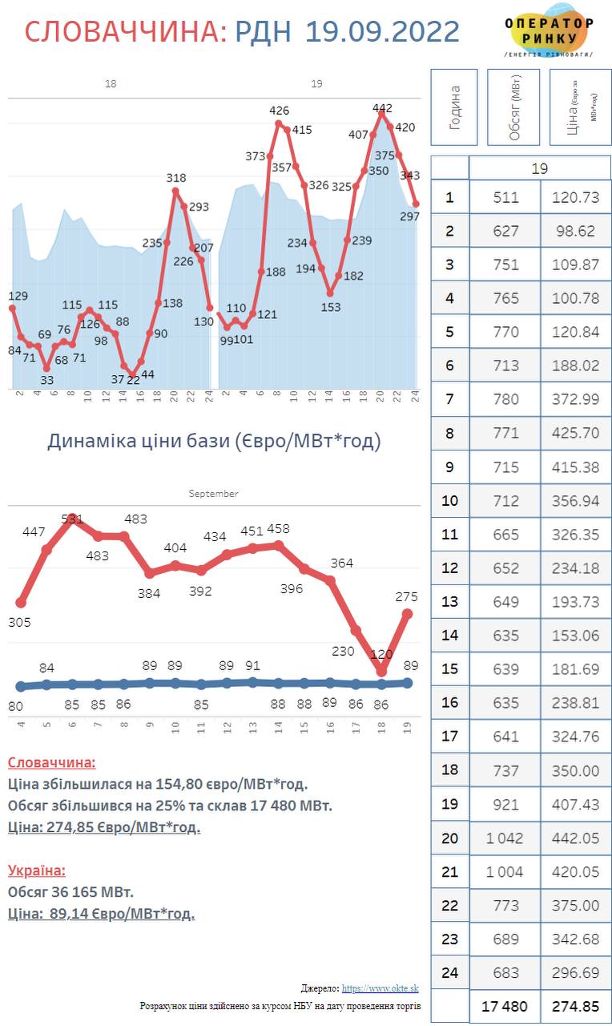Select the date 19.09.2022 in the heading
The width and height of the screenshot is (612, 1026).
pyautogui.click(x=382, y=31)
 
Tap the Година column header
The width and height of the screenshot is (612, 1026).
pyautogui.click(x=454, y=107)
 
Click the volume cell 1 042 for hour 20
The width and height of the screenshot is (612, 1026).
pyautogui.click(x=505, y=838)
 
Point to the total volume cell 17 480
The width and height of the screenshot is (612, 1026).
pyautogui.click(x=505, y=1006)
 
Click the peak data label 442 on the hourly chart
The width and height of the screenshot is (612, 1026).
pyautogui.click(x=383, y=107)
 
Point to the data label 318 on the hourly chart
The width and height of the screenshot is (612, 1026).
pyautogui.click(x=176, y=178)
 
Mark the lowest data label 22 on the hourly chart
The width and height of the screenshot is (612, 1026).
pyautogui.click(x=133, y=380)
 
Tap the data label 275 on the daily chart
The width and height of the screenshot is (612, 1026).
pyautogui.click(x=407, y=597)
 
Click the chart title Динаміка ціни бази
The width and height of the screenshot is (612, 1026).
pyautogui.click(x=214, y=441)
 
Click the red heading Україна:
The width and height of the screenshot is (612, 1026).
pyautogui.click(x=37, y=870)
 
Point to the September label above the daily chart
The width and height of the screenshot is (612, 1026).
pyautogui.click(x=213, y=494)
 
